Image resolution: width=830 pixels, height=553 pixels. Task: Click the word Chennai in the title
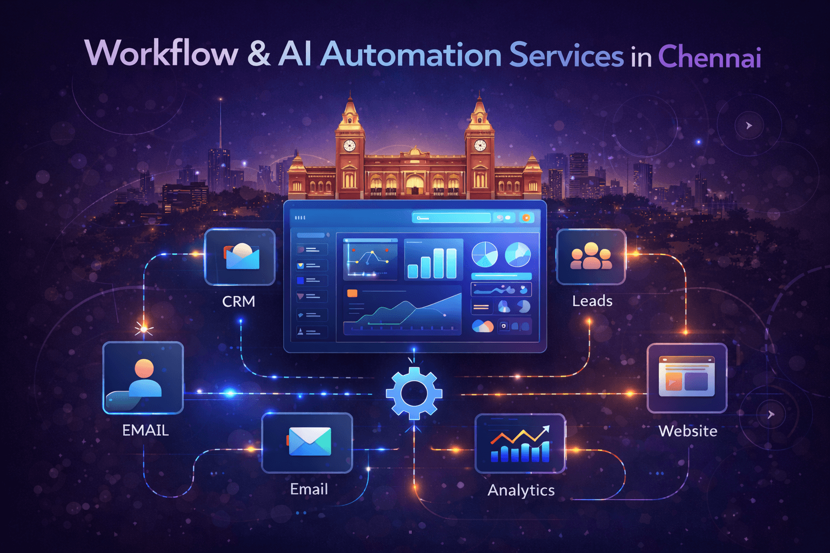[x=709, y=57]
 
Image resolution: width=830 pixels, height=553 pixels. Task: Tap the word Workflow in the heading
[x=161, y=54]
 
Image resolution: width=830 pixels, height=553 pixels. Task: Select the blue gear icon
[x=414, y=393]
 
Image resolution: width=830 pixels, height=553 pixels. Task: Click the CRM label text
[x=238, y=301]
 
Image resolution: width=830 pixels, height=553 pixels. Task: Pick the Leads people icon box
[x=591, y=257]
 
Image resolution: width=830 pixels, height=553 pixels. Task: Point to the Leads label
[x=592, y=301]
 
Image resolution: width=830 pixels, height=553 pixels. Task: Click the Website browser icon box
[x=687, y=377]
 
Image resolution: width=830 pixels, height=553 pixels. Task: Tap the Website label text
[x=688, y=431]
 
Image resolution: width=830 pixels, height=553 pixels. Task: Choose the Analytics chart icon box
[x=520, y=443]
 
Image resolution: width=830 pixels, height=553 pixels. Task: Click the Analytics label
[x=521, y=490]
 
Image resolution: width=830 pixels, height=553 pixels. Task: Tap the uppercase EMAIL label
[x=145, y=430]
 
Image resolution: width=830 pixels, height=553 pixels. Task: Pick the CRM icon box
[x=240, y=257]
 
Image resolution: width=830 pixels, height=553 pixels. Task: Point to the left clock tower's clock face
[x=350, y=145]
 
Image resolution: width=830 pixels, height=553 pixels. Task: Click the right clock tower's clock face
[x=480, y=145]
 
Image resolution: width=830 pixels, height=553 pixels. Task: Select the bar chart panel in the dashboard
[x=433, y=259]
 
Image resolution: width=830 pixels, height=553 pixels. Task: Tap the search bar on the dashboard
[x=451, y=218]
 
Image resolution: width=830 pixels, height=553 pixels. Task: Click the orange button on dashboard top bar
[x=526, y=218]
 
